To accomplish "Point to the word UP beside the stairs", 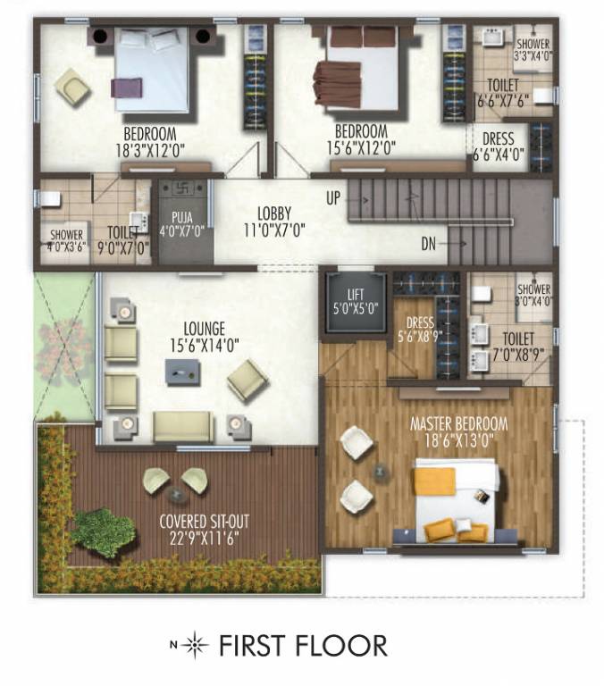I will tap(333, 197).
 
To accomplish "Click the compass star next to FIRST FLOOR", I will tap(196, 645).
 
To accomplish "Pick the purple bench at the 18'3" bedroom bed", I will tap(122, 87).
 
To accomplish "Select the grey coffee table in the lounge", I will tap(179, 371).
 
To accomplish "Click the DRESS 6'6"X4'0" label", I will tap(498, 146).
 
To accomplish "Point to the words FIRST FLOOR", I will tap(303, 645).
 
